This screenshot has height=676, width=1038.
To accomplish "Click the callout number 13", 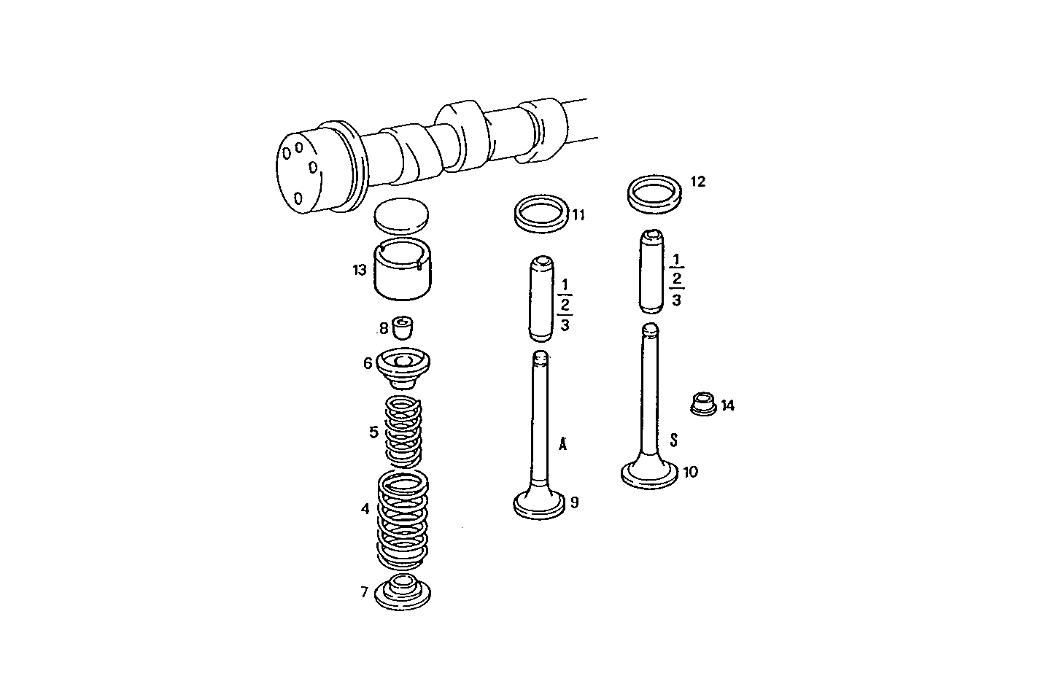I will coord(359,271).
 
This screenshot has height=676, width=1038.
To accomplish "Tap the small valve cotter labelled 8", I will coord(402,327).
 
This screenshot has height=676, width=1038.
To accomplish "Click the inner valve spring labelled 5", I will coord(403,432).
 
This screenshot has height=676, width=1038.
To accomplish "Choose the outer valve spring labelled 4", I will coord(402,518).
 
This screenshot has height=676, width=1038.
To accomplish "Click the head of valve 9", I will coord(540,504).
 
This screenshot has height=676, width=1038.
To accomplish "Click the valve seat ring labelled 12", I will coord(656,192).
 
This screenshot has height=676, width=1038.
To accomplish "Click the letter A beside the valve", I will coord(562,444).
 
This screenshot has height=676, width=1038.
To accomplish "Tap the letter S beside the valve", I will coord(674,439).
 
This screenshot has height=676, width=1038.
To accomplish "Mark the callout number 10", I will coord(690,472).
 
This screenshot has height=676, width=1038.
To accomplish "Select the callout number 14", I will coord(727,406).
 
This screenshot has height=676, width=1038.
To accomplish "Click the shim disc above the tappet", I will coord(402,216).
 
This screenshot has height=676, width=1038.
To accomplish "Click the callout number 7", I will coord(364,591).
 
